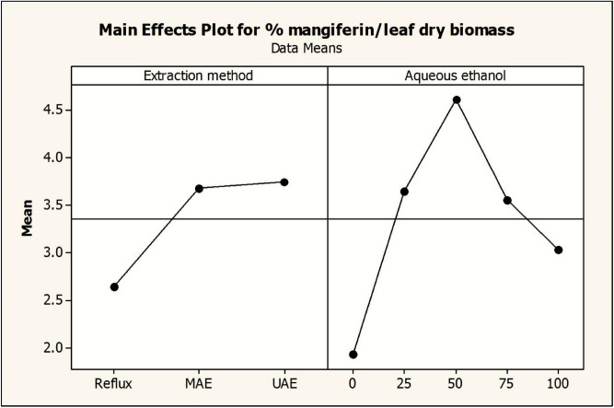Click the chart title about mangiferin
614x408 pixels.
coord(307,29)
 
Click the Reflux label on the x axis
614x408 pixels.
coord(114,381)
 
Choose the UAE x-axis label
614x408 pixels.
coord(284,381)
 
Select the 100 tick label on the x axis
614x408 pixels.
coord(558,381)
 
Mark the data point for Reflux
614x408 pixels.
coord(114,287)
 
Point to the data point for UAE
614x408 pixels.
coord(284,182)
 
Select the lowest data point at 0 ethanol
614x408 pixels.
coord(353,355)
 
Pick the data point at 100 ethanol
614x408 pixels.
coord(558,250)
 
